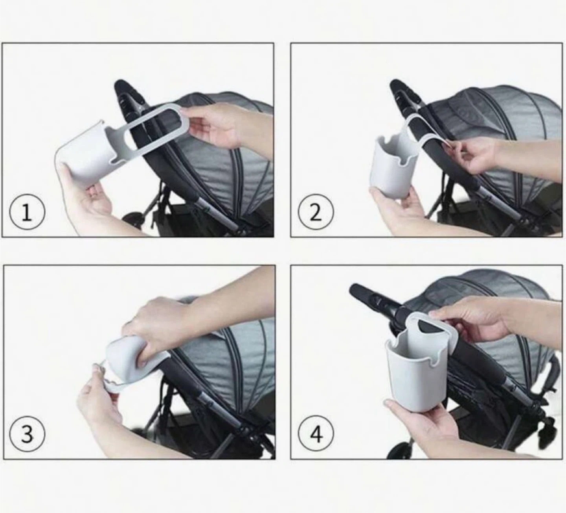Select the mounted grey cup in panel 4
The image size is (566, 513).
point(412,364)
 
